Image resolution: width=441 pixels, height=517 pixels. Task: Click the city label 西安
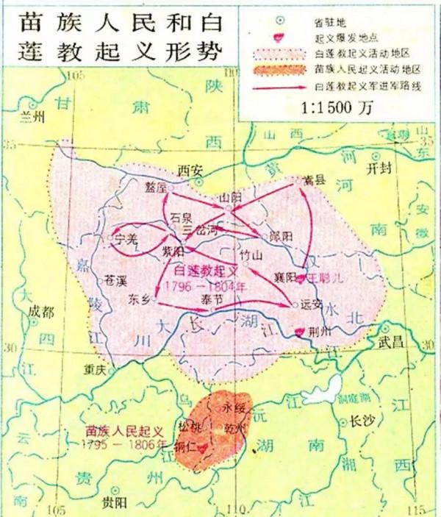click(x=190, y=170)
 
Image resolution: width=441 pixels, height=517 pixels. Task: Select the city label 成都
click(x=41, y=312)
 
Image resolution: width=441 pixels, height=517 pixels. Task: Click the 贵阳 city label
click(x=113, y=502)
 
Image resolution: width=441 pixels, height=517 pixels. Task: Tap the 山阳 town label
click(x=230, y=197)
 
